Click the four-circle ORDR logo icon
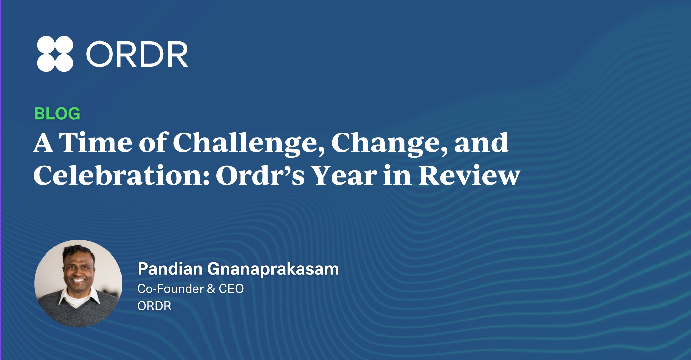click(x=55, y=54)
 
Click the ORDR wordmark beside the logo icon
click(x=137, y=54)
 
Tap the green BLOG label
click(x=57, y=114)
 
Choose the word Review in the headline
click(x=469, y=175)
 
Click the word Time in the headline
click(x=96, y=142)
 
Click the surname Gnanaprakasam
click(x=273, y=269)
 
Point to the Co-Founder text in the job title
click(x=171, y=289)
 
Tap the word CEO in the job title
click(x=231, y=289)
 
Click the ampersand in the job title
click(x=211, y=289)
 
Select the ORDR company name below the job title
click(x=154, y=306)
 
